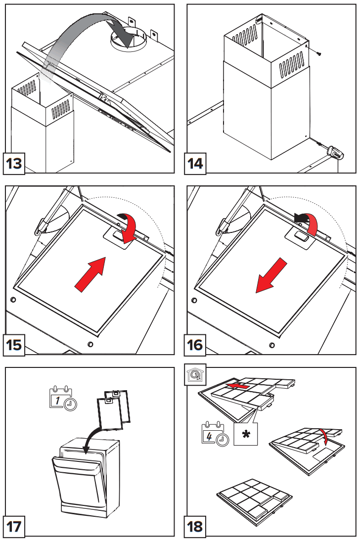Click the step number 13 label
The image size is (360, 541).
pos(14,163)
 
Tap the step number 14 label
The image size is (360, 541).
pos(196,163)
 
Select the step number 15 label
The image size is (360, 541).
pos(14,344)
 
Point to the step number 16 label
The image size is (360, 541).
pos(196,344)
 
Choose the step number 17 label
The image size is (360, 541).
pos(14,526)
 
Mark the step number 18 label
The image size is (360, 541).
pos(196,526)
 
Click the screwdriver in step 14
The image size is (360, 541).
pos(332,151)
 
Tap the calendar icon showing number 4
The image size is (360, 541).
pos(214,434)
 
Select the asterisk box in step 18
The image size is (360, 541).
pos(246,435)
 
